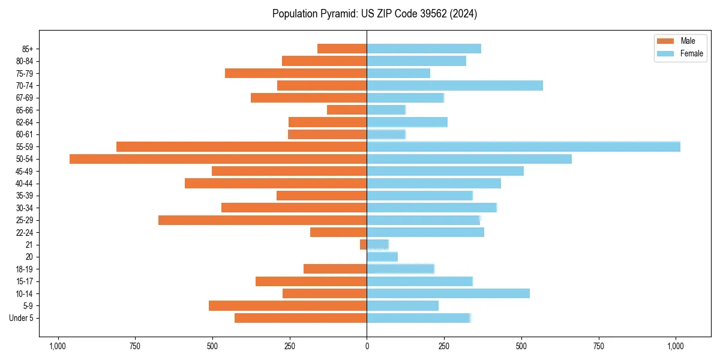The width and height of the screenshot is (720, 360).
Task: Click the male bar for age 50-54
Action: pyautogui.click(x=218, y=159)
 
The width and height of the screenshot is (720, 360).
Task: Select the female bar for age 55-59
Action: pyautogui.click(x=523, y=146)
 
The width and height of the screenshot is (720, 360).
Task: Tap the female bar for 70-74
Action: pyautogui.click(x=455, y=85)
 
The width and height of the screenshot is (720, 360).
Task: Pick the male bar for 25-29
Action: pyautogui.click(x=262, y=220)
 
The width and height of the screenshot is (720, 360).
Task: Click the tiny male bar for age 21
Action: pyautogui.click(x=364, y=245)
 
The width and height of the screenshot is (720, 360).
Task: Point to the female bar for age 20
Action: pyautogui.click(x=382, y=257)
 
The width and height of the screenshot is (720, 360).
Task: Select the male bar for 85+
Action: pyautogui.click(x=342, y=49)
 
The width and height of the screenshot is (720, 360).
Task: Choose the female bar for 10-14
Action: pyautogui.click(x=448, y=293)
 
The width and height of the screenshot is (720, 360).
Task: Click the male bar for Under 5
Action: pyautogui.click(x=301, y=318)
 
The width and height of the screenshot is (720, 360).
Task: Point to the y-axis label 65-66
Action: pyautogui.click(x=25, y=110)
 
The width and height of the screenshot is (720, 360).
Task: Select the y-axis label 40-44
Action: pyautogui.click(x=25, y=184)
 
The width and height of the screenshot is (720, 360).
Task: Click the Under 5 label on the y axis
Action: pyautogui.click(x=21, y=318)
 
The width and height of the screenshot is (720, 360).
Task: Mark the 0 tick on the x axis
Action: pyautogui.click(x=367, y=346)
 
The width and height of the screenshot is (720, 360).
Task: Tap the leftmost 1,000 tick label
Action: pyautogui.click(x=58, y=346)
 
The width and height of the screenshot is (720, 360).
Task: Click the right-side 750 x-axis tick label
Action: pyautogui.click(x=598, y=346)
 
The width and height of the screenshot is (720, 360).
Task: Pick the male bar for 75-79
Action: pyautogui.click(x=296, y=73)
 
